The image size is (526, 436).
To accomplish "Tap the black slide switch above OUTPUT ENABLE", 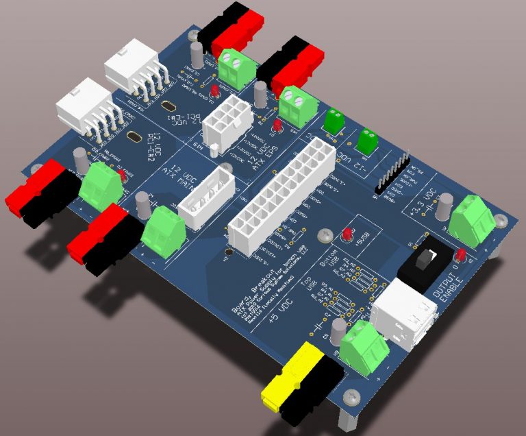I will (x=425, y=261).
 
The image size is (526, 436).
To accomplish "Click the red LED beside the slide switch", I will (x=460, y=256).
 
